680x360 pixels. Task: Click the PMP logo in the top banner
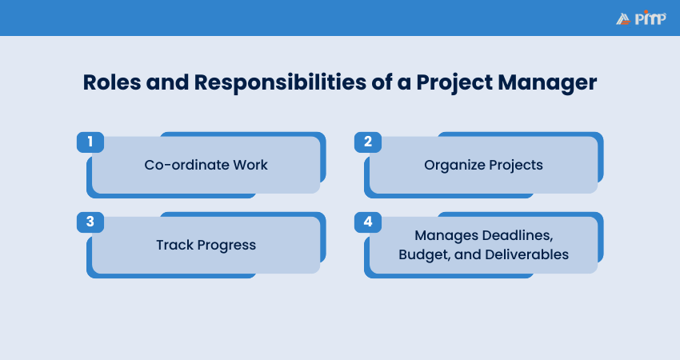[x=641, y=18]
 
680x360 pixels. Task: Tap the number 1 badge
[x=90, y=142]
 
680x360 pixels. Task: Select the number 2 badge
[x=368, y=142]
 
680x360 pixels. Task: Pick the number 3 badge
[x=90, y=222]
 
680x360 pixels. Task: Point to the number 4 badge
[x=368, y=222]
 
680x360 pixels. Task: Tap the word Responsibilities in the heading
[x=280, y=83]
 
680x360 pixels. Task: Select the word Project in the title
[x=454, y=83]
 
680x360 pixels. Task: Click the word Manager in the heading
[x=547, y=83]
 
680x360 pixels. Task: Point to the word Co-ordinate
[x=186, y=165]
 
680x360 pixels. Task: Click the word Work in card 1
[x=250, y=165]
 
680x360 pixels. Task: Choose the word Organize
[x=454, y=166]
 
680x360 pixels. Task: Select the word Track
[x=174, y=245]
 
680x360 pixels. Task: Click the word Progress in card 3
[x=227, y=246]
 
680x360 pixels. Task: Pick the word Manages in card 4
[x=446, y=235]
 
